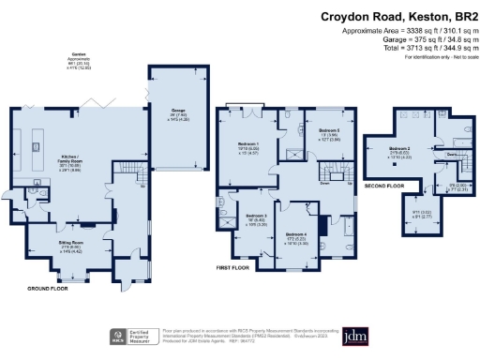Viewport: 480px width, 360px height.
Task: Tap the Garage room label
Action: pyautogui.click(x=178, y=111)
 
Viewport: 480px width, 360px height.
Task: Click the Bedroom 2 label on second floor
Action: pyautogui.click(x=401, y=148)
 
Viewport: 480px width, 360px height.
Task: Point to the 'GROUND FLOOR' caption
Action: pyautogui.click(x=47, y=288)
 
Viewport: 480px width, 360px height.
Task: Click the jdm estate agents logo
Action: pyautogui.click(x=354, y=337)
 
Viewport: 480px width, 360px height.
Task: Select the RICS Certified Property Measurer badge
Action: pyautogui.click(x=132, y=336)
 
